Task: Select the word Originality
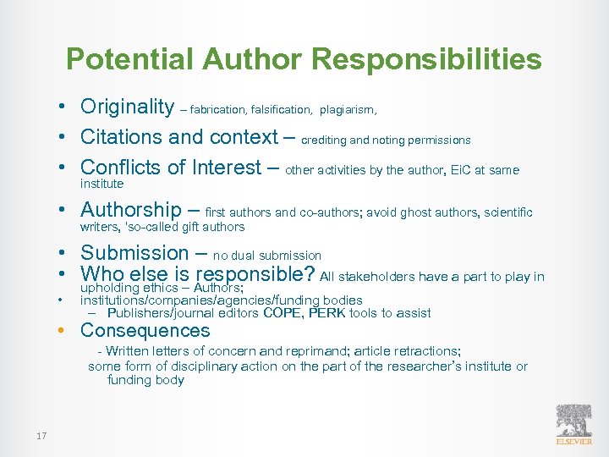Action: tap(127, 107)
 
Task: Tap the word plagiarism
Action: tap(348, 110)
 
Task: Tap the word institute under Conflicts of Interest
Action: tap(101, 184)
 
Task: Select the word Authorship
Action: tap(131, 210)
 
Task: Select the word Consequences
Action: tap(145, 331)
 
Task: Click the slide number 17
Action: tap(41, 436)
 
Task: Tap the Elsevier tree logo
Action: tap(574, 421)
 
